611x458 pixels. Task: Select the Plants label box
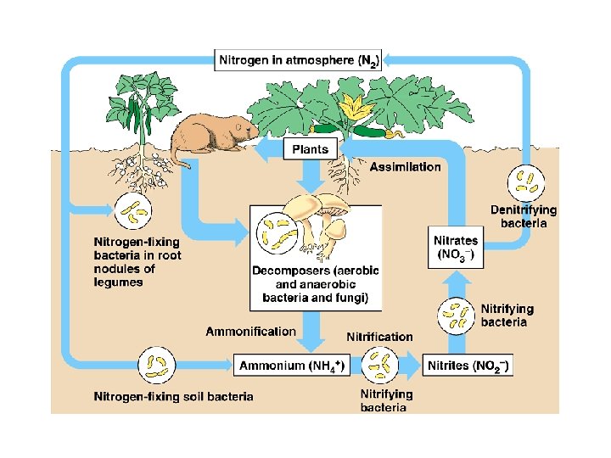pyautogui.click(x=310, y=148)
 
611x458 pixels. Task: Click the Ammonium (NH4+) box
pyautogui.click(x=290, y=366)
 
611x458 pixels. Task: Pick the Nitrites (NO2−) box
pyautogui.click(x=467, y=366)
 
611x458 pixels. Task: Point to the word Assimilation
pyautogui.click(x=405, y=167)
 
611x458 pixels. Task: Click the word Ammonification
pyautogui.click(x=250, y=332)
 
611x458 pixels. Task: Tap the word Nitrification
pyautogui.click(x=379, y=337)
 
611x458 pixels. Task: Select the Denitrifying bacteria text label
pyautogui.click(x=524, y=216)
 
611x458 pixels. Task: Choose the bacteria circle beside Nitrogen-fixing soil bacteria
pyautogui.click(x=156, y=365)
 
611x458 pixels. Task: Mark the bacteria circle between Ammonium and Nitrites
pyautogui.click(x=379, y=366)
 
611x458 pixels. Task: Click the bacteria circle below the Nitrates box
pyautogui.click(x=456, y=315)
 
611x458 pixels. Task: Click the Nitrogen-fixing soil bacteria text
pyautogui.click(x=173, y=396)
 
